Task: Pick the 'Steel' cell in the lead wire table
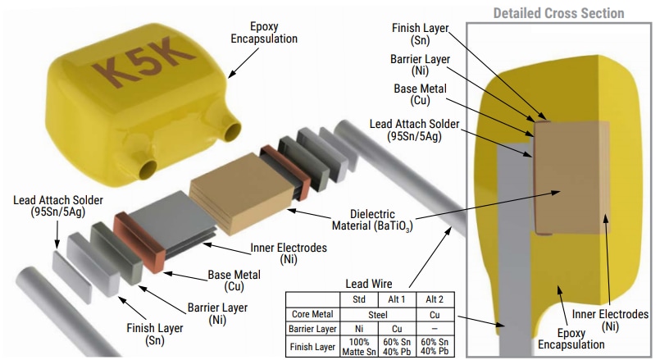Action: pos(378,313)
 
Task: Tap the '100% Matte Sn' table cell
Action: pos(358,346)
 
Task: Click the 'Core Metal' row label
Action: pos(312,313)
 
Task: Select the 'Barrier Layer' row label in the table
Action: pos(312,328)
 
